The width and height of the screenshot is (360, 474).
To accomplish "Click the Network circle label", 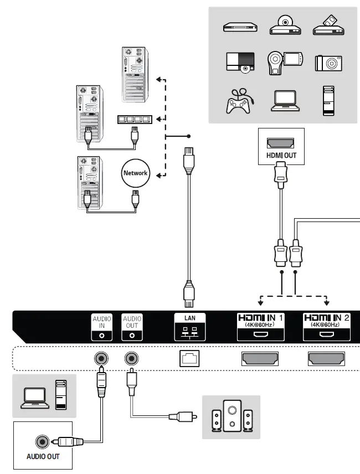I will coord(135,173).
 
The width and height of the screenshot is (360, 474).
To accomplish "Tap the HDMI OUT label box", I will coord(281,147).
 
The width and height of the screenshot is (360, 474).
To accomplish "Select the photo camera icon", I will coord(329,63).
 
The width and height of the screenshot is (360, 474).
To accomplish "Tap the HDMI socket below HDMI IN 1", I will coord(260,359).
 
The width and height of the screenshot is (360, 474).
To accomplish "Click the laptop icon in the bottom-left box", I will coord(34,398).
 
